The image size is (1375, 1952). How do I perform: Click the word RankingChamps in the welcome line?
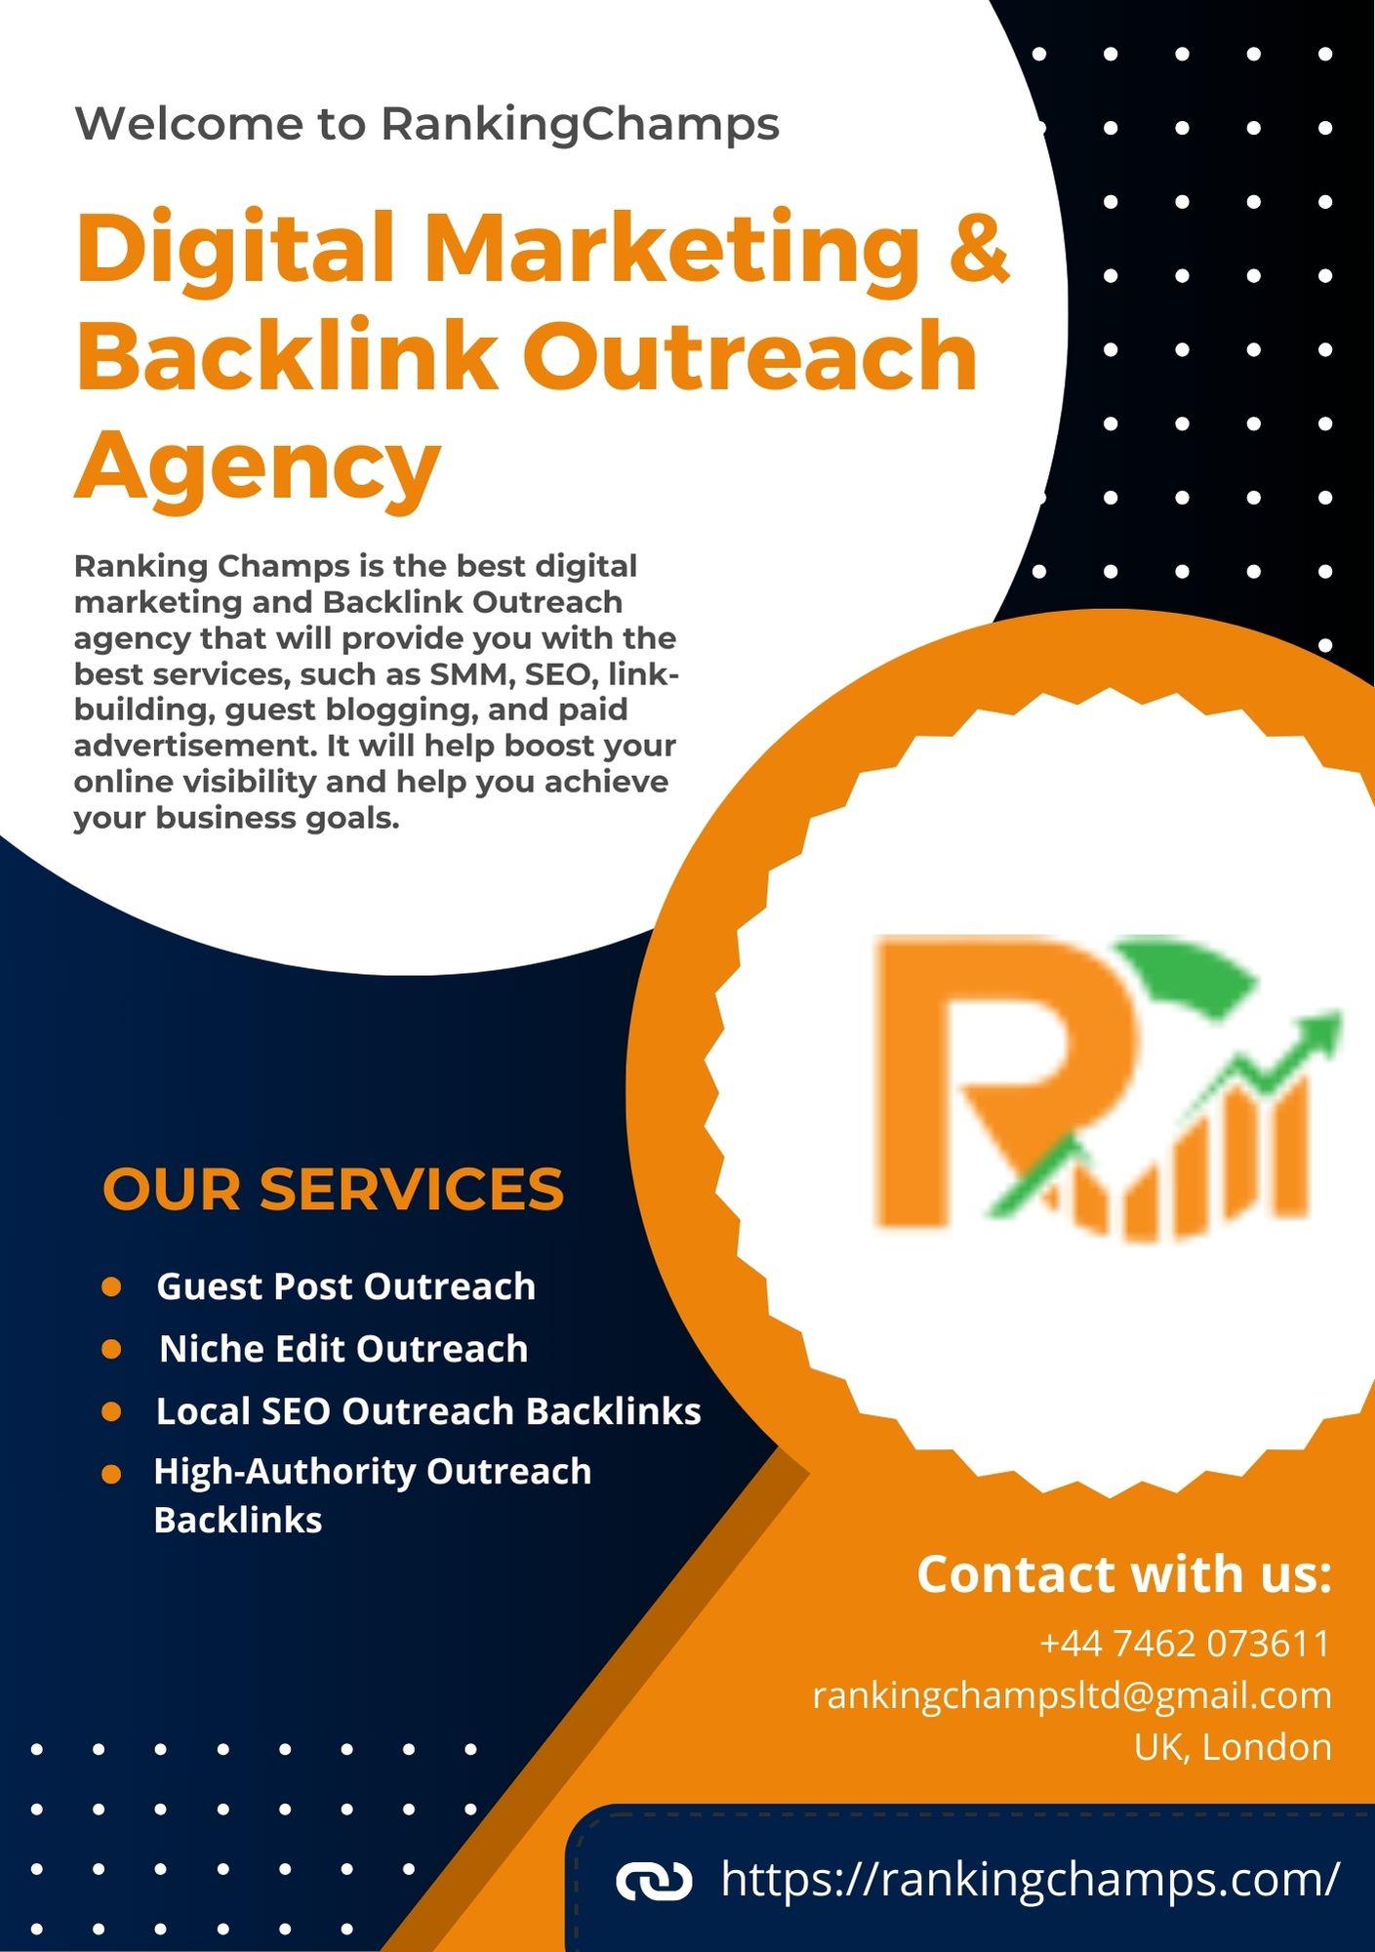click(580, 124)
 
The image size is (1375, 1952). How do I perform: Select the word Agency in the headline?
click(259, 465)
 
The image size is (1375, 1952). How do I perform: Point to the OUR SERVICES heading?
click(333, 1189)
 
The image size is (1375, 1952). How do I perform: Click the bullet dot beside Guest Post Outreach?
click(111, 1286)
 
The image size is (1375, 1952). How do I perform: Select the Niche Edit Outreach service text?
click(344, 1349)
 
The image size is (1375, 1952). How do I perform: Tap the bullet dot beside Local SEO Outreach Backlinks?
click(111, 1411)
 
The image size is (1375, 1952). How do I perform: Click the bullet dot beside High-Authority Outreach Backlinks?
click(111, 1473)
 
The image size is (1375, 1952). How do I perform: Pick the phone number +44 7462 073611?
click(1185, 1644)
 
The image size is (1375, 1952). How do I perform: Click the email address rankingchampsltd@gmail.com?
click(1072, 1695)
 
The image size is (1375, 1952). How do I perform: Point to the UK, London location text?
click(1233, 1747)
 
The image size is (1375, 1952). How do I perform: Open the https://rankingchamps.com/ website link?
click(1030, 1880)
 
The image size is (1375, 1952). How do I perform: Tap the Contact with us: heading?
click(1124, 1574)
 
